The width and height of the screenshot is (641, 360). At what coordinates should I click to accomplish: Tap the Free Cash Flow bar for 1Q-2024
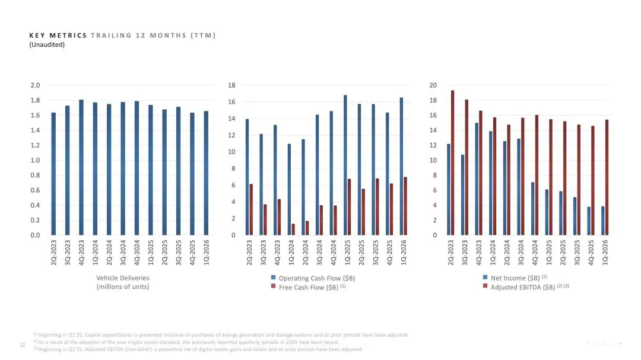coord(293,229)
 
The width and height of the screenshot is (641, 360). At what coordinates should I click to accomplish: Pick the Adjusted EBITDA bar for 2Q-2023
coord(452,163)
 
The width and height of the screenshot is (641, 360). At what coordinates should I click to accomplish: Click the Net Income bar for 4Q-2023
coord(477,179)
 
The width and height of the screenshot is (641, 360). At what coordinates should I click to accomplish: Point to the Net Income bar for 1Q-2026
coord(602,221)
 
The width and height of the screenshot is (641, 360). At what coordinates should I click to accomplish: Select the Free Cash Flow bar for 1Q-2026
coord(405,206)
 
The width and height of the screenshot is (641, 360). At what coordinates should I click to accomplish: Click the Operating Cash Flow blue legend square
coord(273,278)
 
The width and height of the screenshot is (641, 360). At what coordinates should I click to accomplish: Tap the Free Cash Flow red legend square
coord(273,287)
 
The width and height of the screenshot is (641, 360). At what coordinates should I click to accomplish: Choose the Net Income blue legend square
coord(485,278)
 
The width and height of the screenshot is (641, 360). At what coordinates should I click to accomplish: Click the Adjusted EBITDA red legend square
coord(485,287)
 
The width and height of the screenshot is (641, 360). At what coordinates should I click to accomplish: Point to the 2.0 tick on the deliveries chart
coord(35,85)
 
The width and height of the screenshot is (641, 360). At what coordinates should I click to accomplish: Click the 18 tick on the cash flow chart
coord(231,85)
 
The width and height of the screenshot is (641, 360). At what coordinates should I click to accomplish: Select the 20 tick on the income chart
coord(433,85)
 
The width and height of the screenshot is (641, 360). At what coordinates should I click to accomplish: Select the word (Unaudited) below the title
coord(47,44)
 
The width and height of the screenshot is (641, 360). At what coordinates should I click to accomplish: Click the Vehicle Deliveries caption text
coord(123,278)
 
